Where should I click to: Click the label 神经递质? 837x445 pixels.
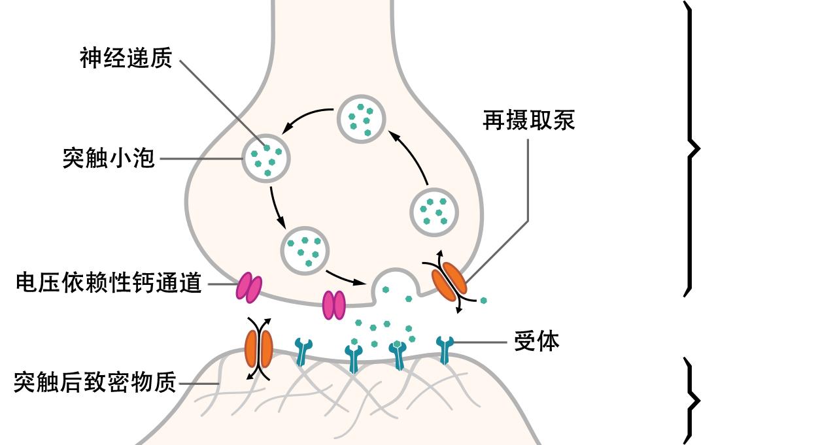(x=126, y=58)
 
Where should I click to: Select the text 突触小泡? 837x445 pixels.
(x=109, y=158)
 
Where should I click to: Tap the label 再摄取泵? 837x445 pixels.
(x=528, y=120)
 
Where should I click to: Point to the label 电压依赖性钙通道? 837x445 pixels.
(x=109, y=284)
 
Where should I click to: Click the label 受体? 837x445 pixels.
(x=536, y=342)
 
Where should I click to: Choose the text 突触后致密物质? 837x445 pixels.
(x=95, y=383)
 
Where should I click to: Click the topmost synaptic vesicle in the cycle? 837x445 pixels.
(x=361, y=118)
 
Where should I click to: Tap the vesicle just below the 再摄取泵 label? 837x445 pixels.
(x=434, y=212)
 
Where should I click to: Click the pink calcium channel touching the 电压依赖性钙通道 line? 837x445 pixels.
(x=248, y=288)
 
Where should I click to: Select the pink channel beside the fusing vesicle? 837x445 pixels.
(x=333, y=305)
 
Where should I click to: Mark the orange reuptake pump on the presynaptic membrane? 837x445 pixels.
(x=449, y=282)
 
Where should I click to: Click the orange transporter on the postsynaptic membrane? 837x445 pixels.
(x=258, y=349)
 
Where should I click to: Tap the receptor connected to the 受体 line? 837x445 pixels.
(x=445, y=349)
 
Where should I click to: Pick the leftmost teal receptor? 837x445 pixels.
(x=303, y=351)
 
